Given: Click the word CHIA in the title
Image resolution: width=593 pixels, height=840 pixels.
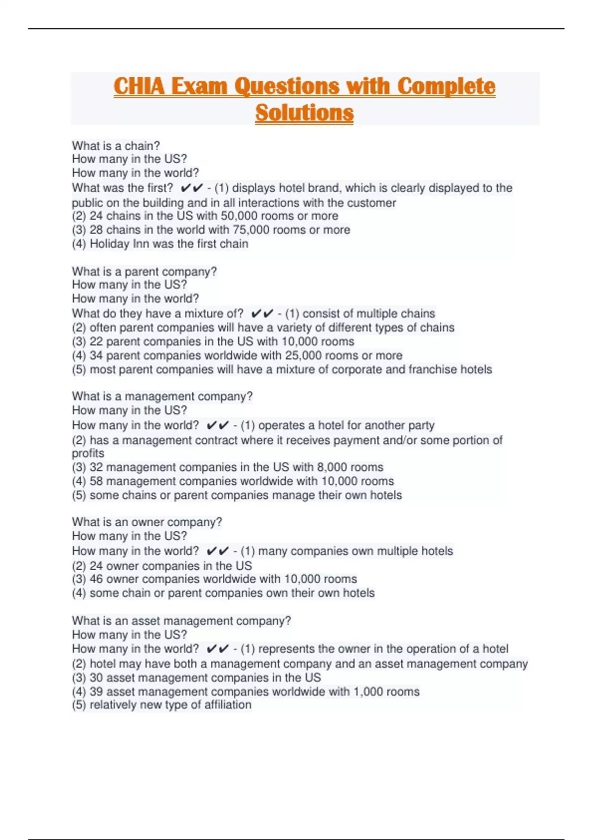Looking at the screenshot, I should (x=139, y=86).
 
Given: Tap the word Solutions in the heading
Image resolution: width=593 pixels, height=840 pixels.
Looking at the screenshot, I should (x=304, y=113).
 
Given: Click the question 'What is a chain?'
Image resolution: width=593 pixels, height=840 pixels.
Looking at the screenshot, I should (x=116, y=146).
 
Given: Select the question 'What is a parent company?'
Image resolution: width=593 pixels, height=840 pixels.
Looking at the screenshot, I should (x=144, y=271).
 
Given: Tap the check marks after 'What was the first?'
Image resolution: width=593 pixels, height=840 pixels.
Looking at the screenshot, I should (x=192, y=188).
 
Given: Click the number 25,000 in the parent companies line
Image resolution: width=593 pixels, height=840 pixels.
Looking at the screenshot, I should (x=305, y=355).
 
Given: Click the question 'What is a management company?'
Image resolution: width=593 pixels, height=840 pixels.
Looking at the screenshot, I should (x=162, y=396).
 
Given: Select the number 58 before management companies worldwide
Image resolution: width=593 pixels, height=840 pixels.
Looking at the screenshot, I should (x=96, y=481).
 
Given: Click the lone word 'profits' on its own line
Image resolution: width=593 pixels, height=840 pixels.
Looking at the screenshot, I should (x=88, y=453).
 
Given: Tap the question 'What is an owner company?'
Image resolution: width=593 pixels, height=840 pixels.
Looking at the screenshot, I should (x=147, y=522).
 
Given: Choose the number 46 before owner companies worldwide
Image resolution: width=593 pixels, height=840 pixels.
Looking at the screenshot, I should (x=96, y=579).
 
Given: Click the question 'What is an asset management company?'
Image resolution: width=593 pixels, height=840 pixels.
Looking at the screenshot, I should (x=181, y=621).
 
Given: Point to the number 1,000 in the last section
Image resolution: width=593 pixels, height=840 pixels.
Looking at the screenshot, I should (x=368, y=691).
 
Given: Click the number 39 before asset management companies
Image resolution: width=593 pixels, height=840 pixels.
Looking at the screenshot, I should (x=96, y=691).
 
